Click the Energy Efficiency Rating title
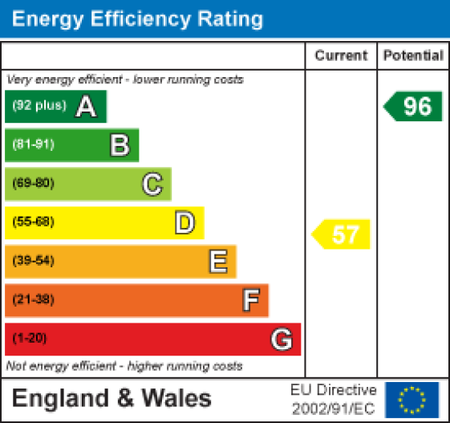[138, 19]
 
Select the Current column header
[341, 56]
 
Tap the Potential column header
[413, 56]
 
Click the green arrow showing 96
[414, 106]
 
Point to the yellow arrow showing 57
[343, 234]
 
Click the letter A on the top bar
[86, 107]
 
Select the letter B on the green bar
[120, 145]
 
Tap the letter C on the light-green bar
[152, 184]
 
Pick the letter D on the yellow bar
[185, 222]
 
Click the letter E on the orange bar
[217, 261]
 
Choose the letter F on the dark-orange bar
[250, 300]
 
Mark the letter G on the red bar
[282, 340]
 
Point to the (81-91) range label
[33, 145]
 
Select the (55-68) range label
[33, 222]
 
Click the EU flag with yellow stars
[412, 399]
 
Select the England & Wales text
[111, 399]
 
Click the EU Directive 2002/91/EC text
[333, 399]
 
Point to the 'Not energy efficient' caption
[124, 366]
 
